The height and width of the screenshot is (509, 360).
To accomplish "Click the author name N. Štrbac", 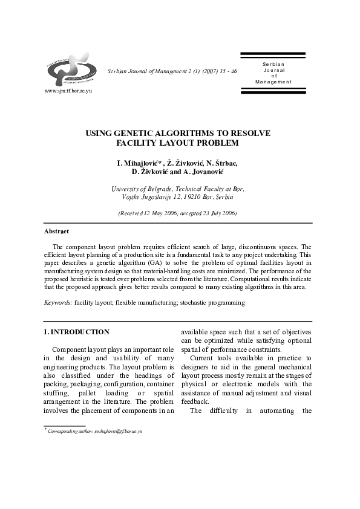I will [222, 163].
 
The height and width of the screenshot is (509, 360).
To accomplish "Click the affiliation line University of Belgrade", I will [144, 189].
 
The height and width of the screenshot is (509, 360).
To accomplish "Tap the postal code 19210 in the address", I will [188, 197].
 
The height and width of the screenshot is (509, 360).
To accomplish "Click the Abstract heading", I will [56, 232].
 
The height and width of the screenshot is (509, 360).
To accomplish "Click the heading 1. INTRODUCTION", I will [77, 332].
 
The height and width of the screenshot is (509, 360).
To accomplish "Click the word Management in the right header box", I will [273, 82].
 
